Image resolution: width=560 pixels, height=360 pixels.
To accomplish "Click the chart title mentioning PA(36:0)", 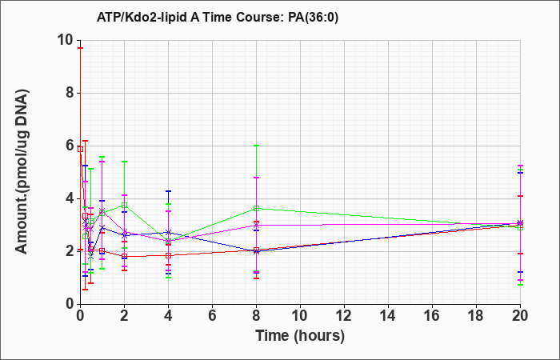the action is (217, 17).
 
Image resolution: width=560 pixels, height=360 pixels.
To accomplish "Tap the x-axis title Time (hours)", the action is (300, 336).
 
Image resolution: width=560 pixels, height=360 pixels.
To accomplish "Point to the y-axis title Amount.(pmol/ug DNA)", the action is (22, 172).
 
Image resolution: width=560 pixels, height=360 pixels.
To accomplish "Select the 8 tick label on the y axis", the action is (70, 94).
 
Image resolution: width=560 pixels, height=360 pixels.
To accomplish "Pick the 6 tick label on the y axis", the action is (70, 146).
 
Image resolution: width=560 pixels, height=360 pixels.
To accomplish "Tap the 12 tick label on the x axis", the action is (344, 316).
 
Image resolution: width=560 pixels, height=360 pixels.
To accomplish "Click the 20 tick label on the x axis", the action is (520, 316).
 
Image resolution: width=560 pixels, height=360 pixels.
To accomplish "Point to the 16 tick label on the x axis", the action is (432, 316).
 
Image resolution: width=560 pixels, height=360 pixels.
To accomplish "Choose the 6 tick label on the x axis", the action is (213, 316).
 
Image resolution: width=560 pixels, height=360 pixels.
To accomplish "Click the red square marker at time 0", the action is (80, 149).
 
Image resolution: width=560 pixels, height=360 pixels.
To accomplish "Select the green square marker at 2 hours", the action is (124, 205).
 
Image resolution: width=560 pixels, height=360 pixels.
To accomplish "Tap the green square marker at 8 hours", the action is (257, 208).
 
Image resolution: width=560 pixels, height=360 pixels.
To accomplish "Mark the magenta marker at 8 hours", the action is (257, 226).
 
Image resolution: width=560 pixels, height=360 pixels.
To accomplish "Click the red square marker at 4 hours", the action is (168, 255).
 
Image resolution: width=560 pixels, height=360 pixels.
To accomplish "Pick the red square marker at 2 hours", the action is (124, 256).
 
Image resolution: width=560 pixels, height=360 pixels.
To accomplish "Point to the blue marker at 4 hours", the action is (168, 233).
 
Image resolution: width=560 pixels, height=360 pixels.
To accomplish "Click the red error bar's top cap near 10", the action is (80, 48).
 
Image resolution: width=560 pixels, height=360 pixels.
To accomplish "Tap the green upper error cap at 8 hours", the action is (257, 146).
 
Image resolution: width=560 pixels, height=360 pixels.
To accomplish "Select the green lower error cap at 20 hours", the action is (520, 285).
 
